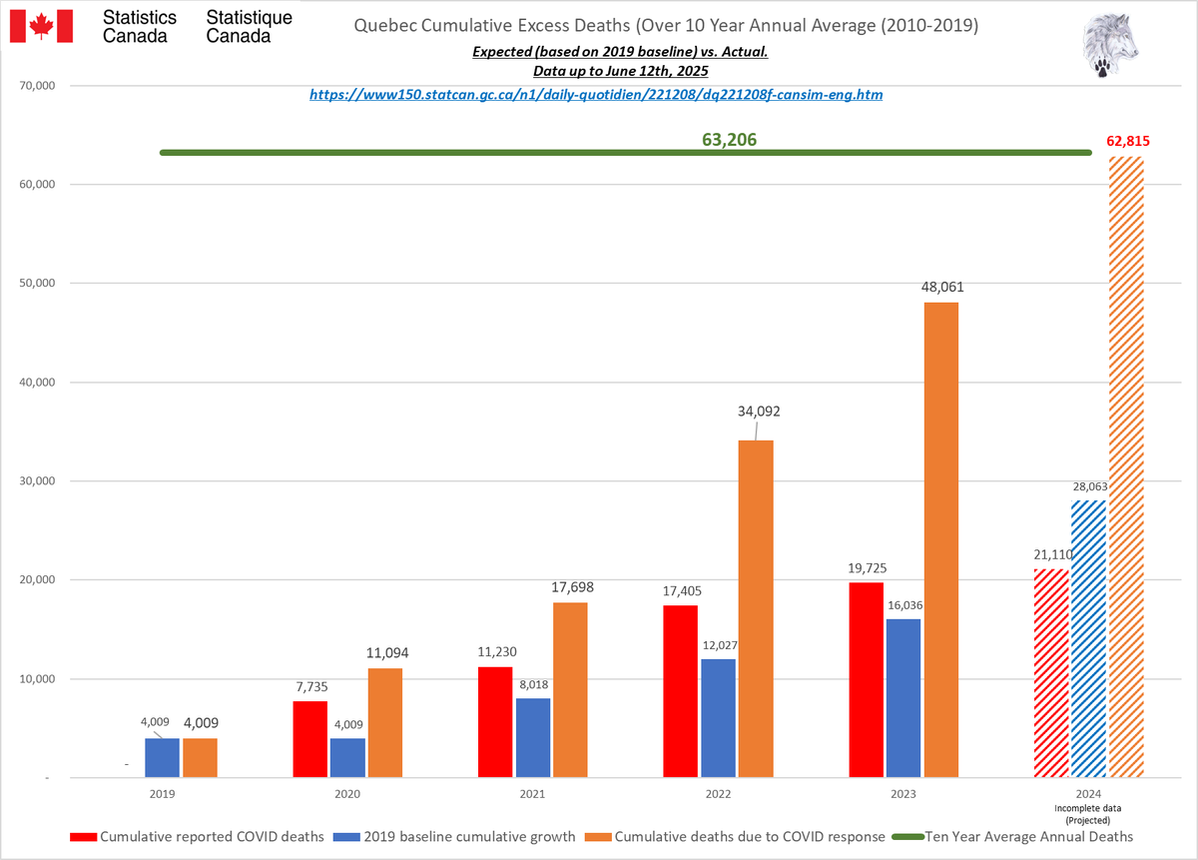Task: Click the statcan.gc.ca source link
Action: point(595,95)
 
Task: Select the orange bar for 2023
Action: point(940,539)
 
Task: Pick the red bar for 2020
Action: point(309,739)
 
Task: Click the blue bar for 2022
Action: point(718,718)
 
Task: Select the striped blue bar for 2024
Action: point(1088,638)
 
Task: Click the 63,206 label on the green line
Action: point(729,140)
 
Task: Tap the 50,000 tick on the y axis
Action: point(37,284)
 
